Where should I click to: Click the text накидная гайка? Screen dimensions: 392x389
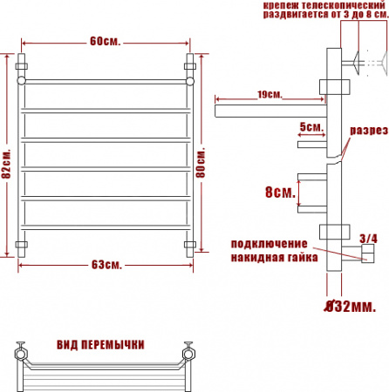[273, 258]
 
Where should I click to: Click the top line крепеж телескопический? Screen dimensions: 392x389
[316, 5]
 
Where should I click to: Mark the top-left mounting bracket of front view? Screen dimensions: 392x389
[23, 64]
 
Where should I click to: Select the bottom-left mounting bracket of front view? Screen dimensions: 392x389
[23, 244]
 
